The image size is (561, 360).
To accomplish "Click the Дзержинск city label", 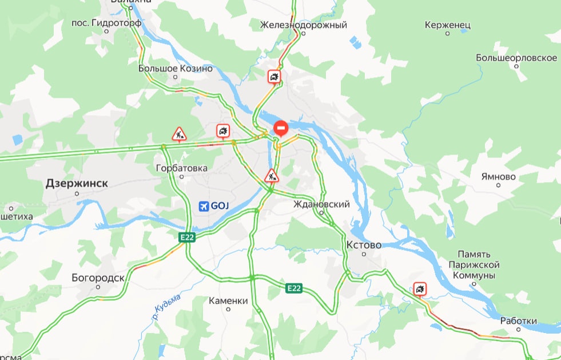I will tap(77, 184).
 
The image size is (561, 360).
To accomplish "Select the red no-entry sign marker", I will tap(281, 128).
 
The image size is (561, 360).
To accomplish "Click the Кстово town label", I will tap(364, 245).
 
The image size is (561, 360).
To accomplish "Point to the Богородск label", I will tap(98, 278).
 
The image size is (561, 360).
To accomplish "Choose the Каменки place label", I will tap(228, 300).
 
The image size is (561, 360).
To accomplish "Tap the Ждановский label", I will tap(321, 204).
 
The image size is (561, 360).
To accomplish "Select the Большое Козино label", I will tap(175, 69).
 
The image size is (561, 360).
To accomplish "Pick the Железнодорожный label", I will tap(303, 25).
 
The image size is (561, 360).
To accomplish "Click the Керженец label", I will tap(448, 25).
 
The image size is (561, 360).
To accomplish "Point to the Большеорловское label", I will tap(516, 58).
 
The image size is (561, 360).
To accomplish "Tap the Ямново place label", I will tap(499, 177).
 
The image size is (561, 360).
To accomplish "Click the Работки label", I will tap(518, 321).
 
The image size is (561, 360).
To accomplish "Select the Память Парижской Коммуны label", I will tap(479, 265).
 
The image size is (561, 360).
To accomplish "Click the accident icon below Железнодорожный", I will tap(275, 77).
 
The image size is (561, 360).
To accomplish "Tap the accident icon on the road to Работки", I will tap(420, 289).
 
